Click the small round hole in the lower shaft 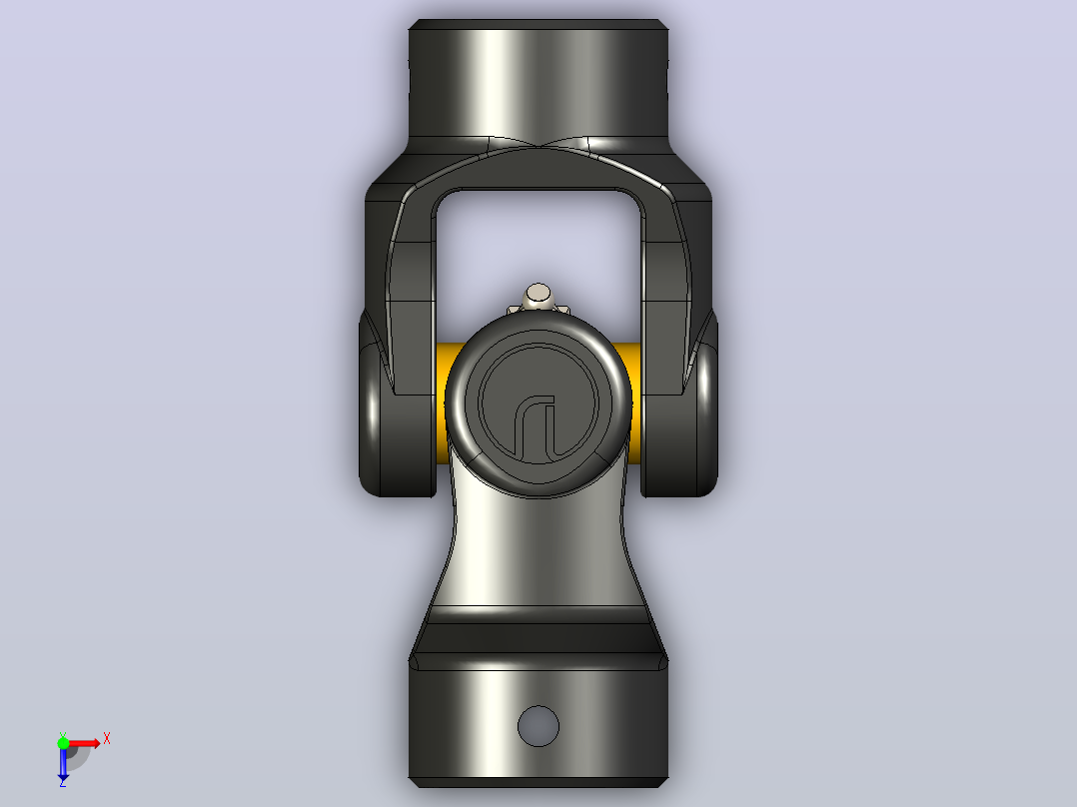(x=538, y=726)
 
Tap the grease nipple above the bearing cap (x=538, y=297)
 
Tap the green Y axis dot (x=63, y=743)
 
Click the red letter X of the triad (x=107, y=739)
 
